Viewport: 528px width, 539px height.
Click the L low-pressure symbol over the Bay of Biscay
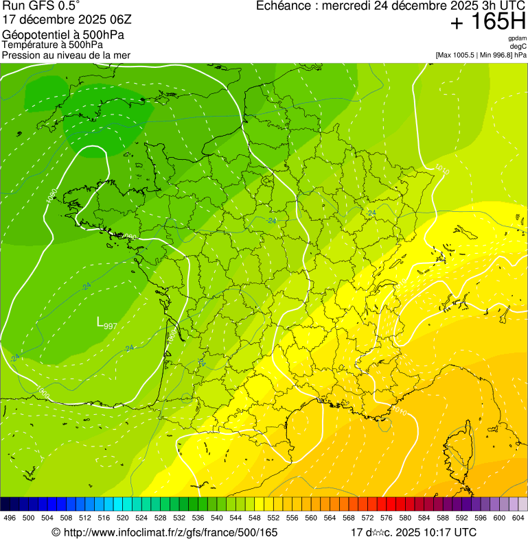coord(100,321)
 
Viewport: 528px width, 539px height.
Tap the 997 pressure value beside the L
coord(110,326)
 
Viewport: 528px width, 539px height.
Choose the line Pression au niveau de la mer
coord(66,55)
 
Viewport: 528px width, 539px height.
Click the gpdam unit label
coord(517,38)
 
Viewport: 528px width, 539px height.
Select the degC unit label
coord(518,46)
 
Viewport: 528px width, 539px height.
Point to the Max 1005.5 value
coord(457,54)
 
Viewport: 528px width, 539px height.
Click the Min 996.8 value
coord(492,54)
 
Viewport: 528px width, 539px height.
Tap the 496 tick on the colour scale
coord(10,518)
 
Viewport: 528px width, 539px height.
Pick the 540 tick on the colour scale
coord(217,518)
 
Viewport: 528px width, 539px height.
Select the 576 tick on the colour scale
coord(387,518)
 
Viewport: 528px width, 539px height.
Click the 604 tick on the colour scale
coord(518,518)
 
